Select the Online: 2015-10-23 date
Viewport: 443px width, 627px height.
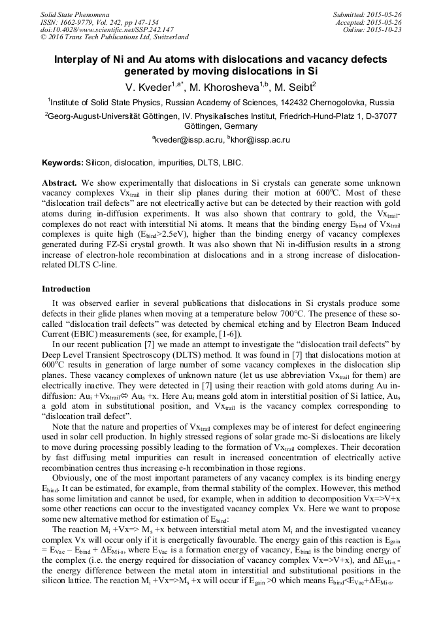372,30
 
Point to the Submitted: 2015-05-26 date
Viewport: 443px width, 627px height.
367,14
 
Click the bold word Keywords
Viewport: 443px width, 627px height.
62,161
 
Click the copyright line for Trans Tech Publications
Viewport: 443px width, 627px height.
114,37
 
